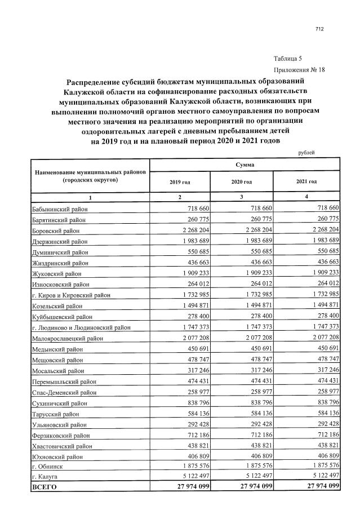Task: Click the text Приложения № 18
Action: click(299, 70)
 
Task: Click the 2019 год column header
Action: click(180, 182)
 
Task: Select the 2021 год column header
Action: click(306, 182)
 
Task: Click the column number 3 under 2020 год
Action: click(241, 197)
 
